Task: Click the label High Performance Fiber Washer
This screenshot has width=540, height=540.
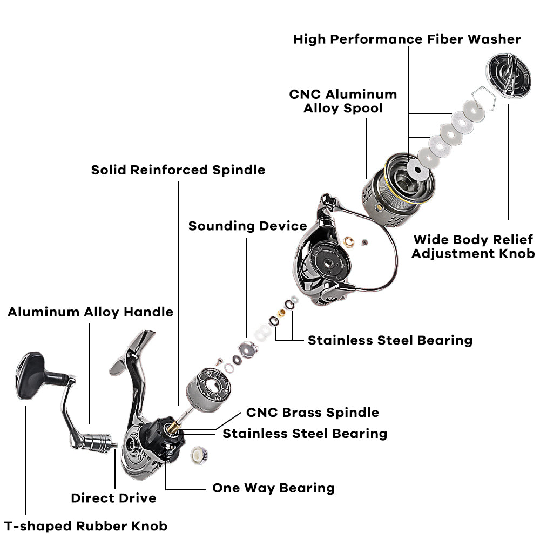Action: point(407,39)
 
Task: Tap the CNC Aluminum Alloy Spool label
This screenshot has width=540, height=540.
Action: point(343,101)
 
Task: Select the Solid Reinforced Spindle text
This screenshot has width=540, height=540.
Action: point(178,170)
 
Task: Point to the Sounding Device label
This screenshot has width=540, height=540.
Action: point(247,226)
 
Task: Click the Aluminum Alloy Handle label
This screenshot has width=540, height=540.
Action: point(90,312)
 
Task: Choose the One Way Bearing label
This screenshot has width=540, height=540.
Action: point(273,488)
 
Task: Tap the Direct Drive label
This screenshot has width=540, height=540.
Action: point(113,498)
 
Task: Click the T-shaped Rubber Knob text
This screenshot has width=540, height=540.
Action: point(86,526)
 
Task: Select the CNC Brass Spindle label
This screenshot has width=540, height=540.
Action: point(312,413)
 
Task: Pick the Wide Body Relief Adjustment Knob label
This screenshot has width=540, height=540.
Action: point(473,246)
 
